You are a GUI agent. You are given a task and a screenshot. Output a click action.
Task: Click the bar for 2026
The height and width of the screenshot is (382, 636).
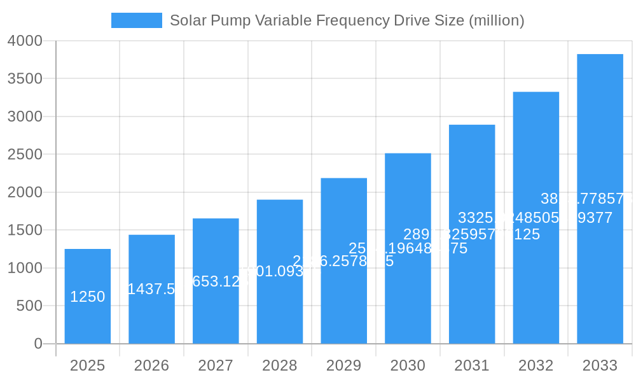click(151, 318)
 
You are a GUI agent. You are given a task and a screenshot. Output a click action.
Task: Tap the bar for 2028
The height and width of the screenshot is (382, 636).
click(280, 306)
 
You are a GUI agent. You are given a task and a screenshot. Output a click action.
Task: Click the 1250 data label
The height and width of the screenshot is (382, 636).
click(88, 297)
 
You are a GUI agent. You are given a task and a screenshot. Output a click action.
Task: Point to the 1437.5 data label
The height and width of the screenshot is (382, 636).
click(151, 289)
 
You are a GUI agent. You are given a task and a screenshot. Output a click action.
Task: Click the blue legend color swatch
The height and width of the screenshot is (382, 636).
click(136, 20)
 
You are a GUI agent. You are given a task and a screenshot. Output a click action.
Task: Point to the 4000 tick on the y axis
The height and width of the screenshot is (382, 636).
click(25, 41)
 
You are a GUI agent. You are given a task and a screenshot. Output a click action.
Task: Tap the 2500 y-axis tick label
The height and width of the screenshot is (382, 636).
click(25, 154)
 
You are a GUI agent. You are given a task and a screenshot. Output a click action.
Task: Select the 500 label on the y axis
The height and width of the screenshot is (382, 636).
click(29, 306)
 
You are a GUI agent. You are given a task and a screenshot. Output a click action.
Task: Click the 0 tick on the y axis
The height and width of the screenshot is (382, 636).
click(38, 344)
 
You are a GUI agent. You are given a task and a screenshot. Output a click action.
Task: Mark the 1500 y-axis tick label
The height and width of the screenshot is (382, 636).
click(25, 230)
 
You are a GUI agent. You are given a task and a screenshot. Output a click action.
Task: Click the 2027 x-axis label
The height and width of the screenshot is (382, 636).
click(216, 365)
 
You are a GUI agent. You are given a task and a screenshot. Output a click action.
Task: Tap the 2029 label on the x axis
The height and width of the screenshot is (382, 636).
click(343, 365)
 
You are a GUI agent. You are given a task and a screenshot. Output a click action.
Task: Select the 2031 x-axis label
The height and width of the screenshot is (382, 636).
click(472, 365)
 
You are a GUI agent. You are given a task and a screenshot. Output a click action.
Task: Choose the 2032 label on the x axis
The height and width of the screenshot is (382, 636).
click(536, 365)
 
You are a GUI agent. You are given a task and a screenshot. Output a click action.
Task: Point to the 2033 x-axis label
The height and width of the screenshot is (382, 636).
click(600, 365)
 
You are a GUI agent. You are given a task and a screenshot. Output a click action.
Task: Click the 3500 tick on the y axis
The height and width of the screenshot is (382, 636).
click(25, 78)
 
